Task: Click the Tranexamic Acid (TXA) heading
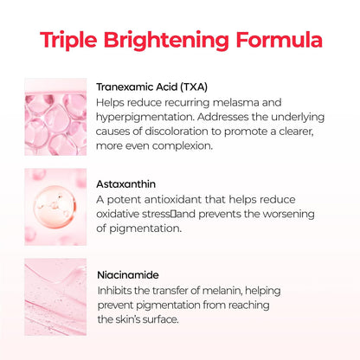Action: tap(151, 87)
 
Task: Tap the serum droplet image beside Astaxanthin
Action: tap(56, 205)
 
